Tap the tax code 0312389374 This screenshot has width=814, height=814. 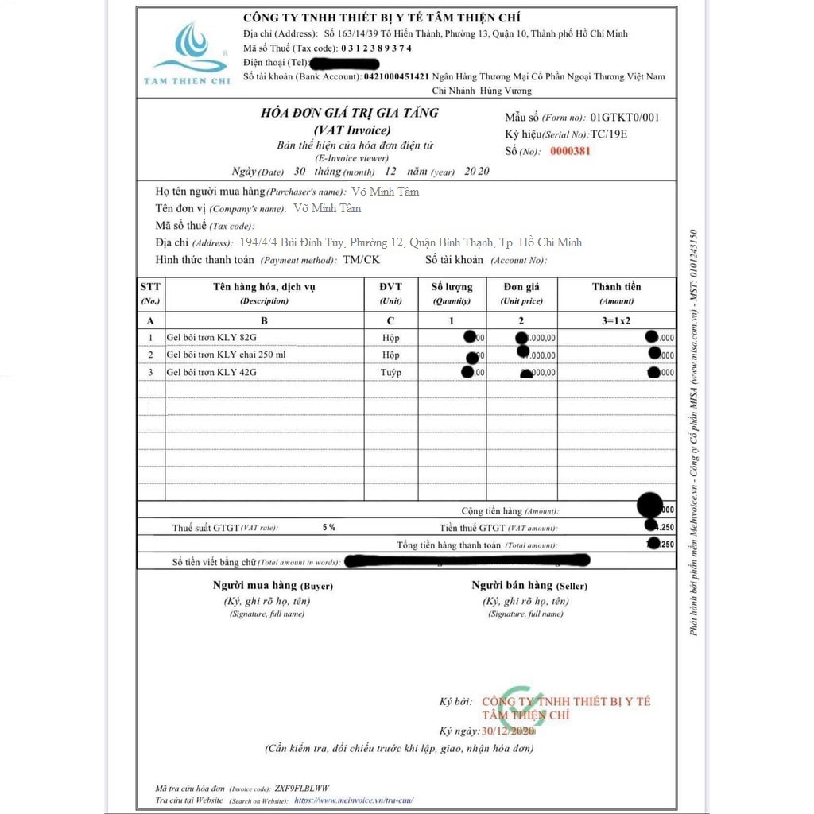[376, 48]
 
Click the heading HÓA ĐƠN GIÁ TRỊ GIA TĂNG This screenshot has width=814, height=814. [349, 113]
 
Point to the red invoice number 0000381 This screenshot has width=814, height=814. [570, 151]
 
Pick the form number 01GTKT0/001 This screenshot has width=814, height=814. [624, 118]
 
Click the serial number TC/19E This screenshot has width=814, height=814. [608, 134]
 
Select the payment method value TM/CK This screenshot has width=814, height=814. [361, 260]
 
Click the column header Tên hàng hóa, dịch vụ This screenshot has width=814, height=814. [264, 287]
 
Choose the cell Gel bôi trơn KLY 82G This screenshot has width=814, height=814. [211, 338]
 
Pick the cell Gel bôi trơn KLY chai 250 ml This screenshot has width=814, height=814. [226, 355]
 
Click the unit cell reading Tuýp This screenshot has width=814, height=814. [390, 372]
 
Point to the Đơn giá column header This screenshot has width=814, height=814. [521, 287]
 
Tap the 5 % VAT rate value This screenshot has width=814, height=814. [329, 527]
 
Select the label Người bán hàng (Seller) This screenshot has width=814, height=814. [529, 585]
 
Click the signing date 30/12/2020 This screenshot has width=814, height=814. [508, 731]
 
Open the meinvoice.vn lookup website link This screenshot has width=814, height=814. [355, 800]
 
